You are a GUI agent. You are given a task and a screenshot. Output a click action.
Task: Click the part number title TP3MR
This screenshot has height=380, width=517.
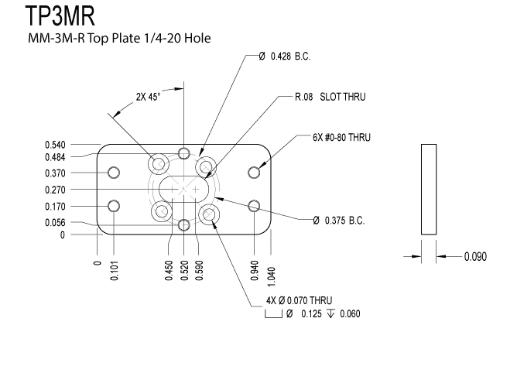[60, 15]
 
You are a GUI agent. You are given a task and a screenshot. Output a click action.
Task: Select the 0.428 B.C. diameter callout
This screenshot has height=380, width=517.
[285, 56]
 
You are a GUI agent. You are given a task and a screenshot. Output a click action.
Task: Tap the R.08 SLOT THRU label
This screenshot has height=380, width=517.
[330, 97]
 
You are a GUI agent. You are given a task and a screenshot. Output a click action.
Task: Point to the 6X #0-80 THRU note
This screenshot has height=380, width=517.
[341, 137]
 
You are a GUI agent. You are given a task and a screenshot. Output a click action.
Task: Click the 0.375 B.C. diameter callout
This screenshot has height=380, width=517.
[339, 220]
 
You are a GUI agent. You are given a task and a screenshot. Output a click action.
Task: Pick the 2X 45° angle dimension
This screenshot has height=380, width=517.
[148, 97]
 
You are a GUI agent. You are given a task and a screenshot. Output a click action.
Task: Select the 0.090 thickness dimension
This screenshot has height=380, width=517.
[475, 256]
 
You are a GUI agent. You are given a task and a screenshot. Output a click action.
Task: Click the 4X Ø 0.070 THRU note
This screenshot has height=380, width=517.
[299, 300]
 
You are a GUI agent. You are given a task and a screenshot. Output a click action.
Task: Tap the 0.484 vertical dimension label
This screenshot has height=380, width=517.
[55, 157]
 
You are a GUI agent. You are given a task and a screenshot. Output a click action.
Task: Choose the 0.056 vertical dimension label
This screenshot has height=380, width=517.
[55, 222]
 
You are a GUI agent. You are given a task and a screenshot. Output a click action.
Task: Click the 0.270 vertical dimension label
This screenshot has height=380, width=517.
[55, 190]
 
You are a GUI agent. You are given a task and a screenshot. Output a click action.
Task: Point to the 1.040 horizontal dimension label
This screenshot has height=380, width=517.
[271, 277]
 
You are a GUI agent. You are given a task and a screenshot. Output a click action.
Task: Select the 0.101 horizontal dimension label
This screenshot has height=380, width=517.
[114, 271]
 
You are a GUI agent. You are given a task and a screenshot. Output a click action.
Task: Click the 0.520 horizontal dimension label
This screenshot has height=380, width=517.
[184, 271]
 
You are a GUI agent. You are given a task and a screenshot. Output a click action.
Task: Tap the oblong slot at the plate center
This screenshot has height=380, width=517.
[183, 189]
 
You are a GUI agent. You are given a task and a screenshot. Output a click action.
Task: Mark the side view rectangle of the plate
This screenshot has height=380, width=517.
[429, 189]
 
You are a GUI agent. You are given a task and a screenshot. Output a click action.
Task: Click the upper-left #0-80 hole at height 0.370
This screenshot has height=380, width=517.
[114, 173]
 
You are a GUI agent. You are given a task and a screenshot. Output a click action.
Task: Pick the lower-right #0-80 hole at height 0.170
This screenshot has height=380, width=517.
[254, 206]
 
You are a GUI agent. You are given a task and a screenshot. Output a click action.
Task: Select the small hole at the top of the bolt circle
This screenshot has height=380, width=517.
[183, 153]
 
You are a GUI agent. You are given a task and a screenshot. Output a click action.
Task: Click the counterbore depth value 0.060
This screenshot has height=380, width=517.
[350, 313]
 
